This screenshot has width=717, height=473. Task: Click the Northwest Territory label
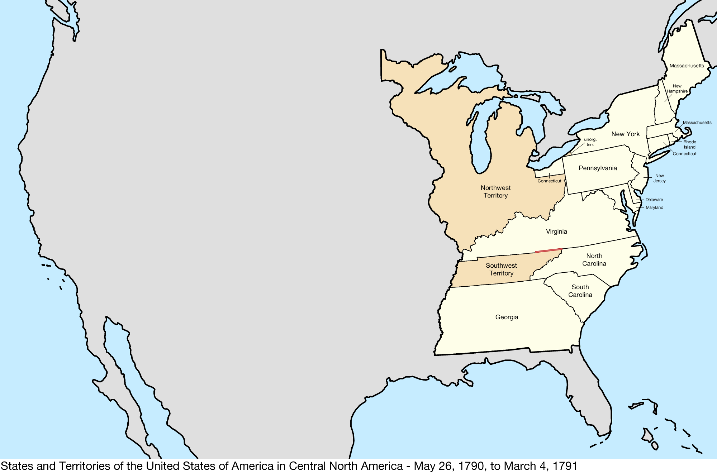point(495,192)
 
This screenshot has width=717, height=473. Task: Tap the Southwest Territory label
point(501,269)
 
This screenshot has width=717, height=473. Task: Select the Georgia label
point(507,317)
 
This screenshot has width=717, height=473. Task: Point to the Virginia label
point(556,231)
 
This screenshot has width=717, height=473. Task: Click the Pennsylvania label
point(598,168)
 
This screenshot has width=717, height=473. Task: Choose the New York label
point(625,134)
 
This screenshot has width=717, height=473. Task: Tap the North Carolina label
point(594,260)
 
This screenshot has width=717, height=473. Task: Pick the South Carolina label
point(580,291)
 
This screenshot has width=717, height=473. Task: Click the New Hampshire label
point(677,89)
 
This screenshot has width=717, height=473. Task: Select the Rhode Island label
point(689,144)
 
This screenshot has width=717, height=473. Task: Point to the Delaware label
point(654,200)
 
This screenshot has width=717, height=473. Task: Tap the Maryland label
point(654,207)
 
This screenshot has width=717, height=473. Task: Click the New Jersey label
point(659,178)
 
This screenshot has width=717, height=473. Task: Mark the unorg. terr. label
point(590,142)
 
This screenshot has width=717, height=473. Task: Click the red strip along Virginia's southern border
point(549,250)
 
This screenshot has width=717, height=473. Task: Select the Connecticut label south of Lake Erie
point(549,181)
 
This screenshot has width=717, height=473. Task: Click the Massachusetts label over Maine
point(687,66)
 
